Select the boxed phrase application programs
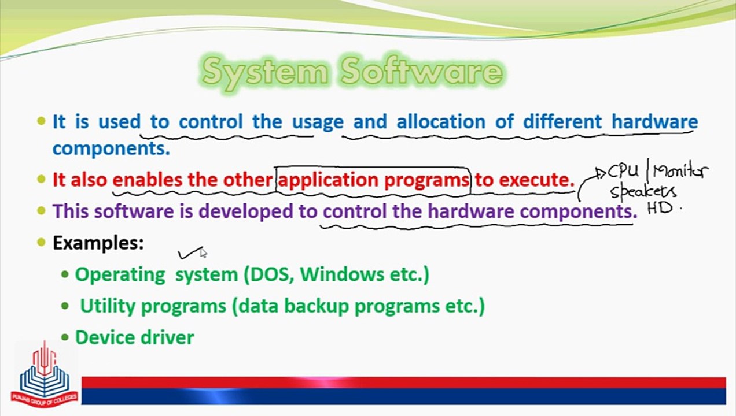pos(374,180)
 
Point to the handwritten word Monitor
pos(679,172)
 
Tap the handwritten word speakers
pos(643,191)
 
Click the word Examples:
pos(98,243)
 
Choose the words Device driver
pos(134,337)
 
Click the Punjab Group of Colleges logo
pos(43,374)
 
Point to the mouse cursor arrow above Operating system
pos(203,252)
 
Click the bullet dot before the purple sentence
pos(41,211)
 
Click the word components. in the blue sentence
pos(111,148)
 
